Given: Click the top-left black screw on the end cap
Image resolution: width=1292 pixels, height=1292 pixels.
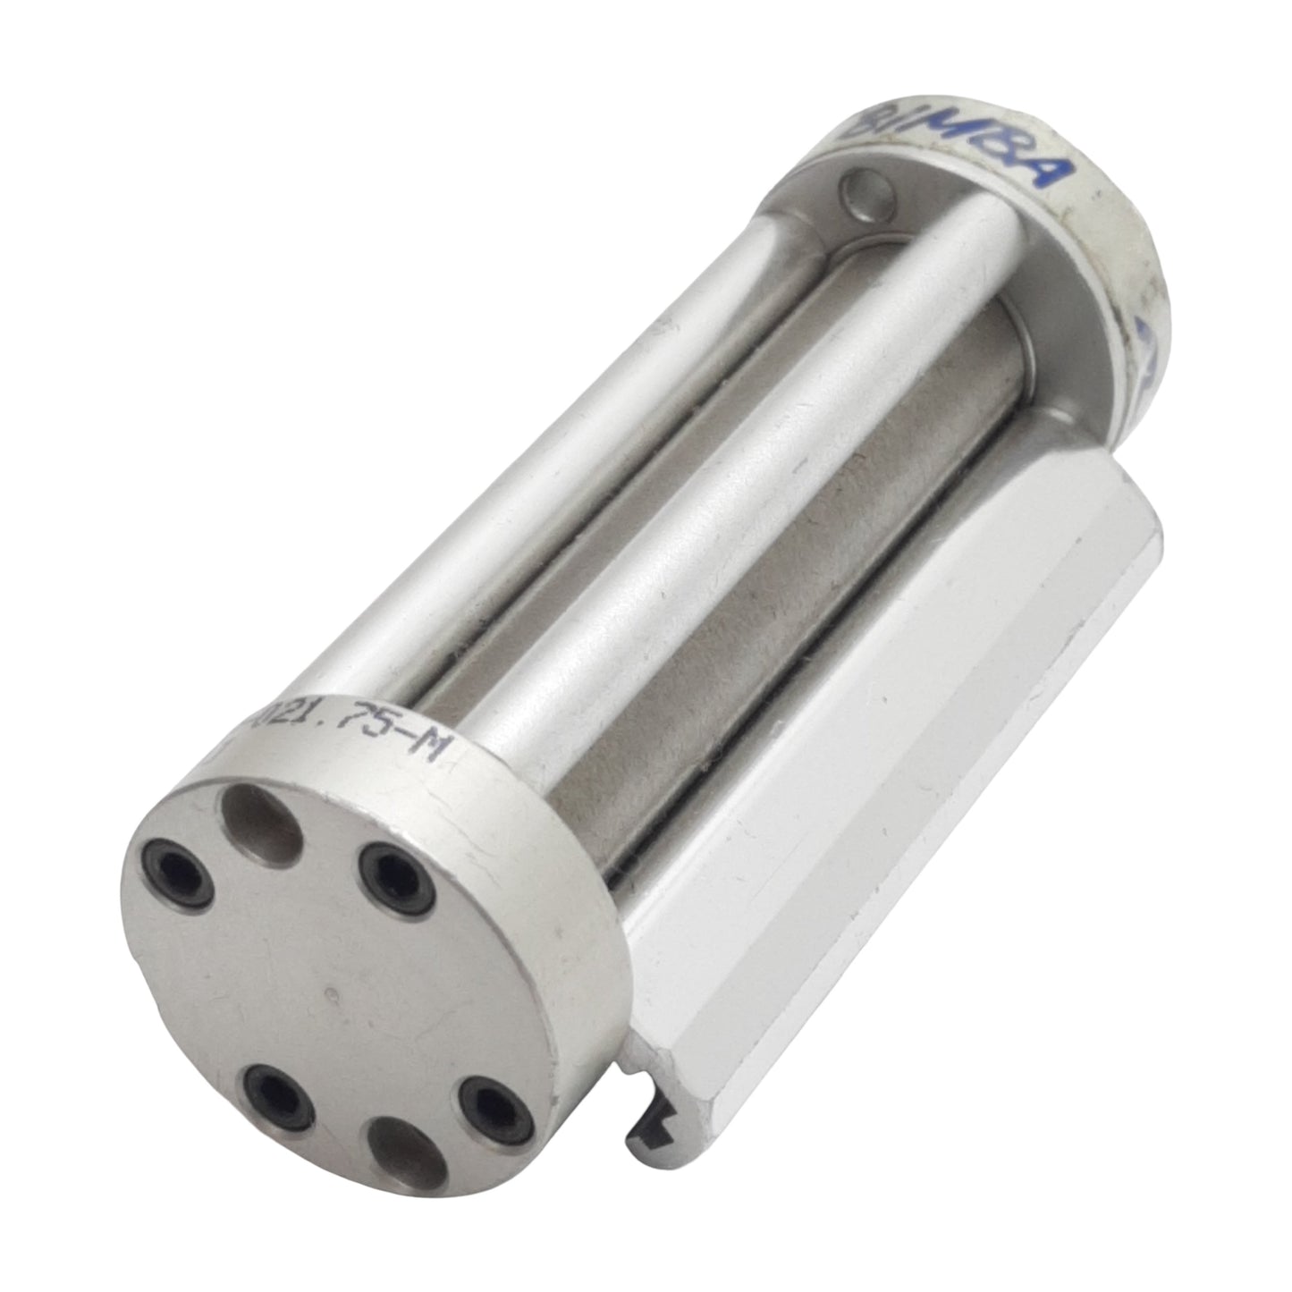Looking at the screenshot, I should (166, 865).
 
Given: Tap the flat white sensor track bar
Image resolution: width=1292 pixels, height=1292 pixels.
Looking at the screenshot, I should (894, 760).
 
